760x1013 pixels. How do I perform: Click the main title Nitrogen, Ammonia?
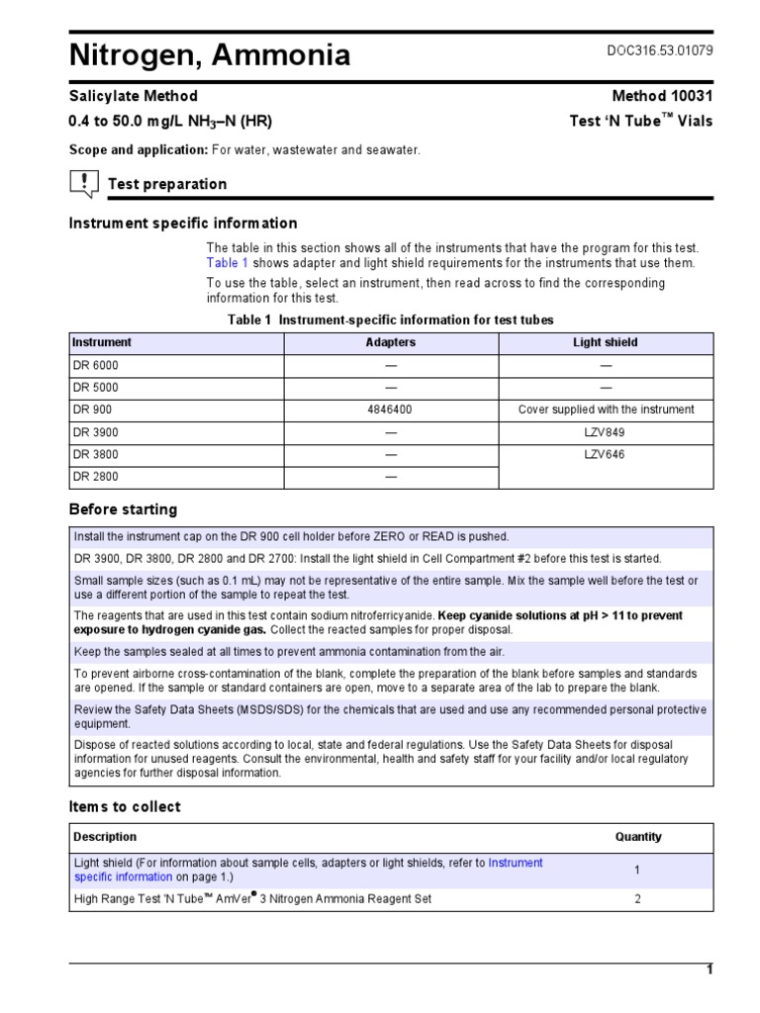click(x=209, y=55)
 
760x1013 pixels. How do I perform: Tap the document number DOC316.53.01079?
click(x=659, y=51)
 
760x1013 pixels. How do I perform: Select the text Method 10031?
click(x=662, y=96)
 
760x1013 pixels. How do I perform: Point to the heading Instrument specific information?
click(x=182, y=224)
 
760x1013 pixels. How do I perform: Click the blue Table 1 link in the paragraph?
click(x=227, y=263)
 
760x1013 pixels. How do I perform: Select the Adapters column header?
click(x=391, y=342)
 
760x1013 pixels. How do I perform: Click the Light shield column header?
click(x=606, y=342)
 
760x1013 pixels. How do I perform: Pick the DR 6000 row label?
click(x=95, y=365)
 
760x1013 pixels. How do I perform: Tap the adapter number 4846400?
click(x=391, y=410)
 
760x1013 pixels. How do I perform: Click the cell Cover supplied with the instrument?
click(x=606, y=410)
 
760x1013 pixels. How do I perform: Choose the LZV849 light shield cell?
click(x=606, y=432)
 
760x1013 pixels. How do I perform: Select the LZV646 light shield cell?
click(x=606, y=455)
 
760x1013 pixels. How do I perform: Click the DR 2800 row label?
click(x=95, y=477)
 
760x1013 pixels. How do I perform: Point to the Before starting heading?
click(x=123, y=509)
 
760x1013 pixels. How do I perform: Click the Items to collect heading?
click(x=125, y=806)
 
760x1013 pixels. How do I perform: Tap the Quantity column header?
click(x=638, y=837)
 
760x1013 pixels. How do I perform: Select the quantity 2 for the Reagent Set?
click(x=637, y=899)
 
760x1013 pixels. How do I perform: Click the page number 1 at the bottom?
click(x=709, y=970)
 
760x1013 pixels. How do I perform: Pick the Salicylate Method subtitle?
click(x=133, y=96)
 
